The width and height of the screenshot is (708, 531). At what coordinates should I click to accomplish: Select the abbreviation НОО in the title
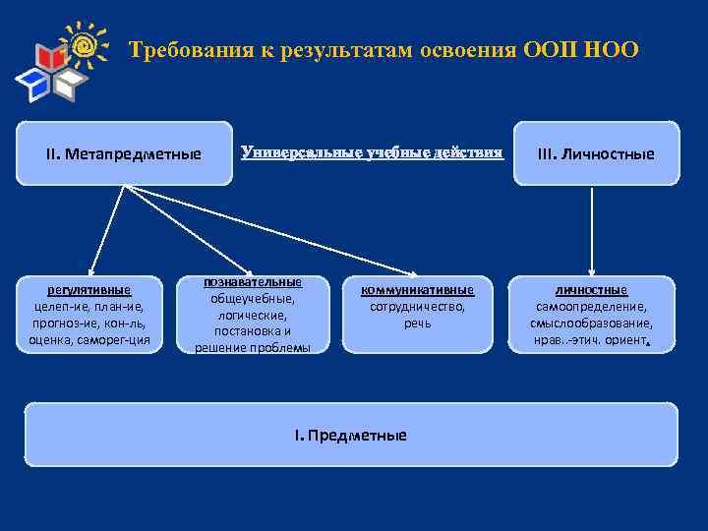pos(610,49)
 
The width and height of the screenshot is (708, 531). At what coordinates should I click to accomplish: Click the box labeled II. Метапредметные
pos(124,153)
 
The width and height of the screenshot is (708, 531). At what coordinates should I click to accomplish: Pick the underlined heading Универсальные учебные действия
pos(372,152)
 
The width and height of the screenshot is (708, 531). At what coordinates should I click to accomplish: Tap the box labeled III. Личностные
pos(595,153)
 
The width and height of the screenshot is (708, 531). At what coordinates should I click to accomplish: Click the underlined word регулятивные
pos(89,290)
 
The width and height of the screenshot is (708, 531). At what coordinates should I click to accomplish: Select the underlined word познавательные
pos(252,282)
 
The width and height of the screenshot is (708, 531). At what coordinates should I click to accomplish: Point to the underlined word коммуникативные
pos(417,290)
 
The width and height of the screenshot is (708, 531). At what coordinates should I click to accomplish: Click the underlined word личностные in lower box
pos(591,290)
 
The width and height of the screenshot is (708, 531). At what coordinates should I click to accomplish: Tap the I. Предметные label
pos(351,435)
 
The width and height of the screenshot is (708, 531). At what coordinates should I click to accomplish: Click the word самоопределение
pos(591,307)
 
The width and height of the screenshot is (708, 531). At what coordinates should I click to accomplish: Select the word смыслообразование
pos(591,323)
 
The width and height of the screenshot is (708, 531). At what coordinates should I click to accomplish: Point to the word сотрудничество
pos(417,307)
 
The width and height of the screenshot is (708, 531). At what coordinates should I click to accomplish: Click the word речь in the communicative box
pos(417,323)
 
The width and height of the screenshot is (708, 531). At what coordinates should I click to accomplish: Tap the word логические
pos(252,315)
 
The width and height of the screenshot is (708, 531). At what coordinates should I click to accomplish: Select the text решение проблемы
pos(252,347)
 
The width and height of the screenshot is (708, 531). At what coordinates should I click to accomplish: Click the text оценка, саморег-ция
pos(89,339)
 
